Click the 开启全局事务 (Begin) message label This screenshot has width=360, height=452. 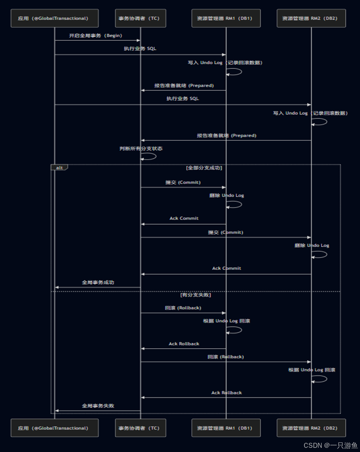96,35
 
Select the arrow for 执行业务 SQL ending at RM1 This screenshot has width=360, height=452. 140,55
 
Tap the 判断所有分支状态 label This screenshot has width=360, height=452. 141,148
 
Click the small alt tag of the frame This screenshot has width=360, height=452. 59,167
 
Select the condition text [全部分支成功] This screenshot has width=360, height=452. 204,168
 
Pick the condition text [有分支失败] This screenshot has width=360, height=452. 195,295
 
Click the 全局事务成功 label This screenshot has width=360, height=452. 98,282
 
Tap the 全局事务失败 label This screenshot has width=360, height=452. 98,405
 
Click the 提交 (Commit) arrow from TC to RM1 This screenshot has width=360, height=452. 183,187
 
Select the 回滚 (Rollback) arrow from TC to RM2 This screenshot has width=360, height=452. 225,362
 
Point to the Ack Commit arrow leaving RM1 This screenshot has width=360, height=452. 183,224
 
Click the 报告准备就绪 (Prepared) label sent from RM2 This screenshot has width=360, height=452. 226,135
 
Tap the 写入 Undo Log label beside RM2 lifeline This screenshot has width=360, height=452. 310,113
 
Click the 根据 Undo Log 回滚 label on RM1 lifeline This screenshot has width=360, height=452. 226,321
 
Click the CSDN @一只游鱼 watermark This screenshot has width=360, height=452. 330,445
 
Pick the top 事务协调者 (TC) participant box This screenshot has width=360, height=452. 140,18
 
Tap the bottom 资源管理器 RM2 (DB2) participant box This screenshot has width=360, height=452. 311,428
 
